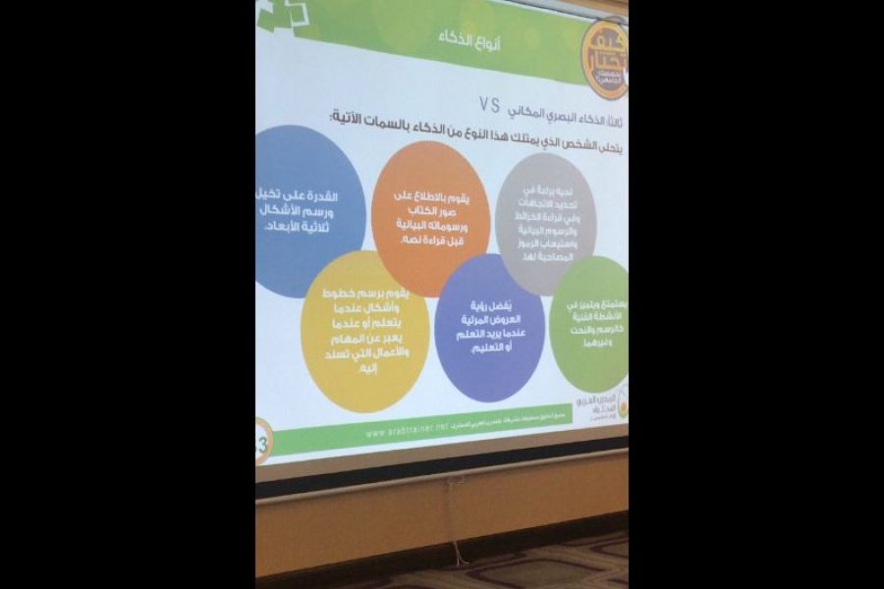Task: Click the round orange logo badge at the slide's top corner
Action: tap(603, 60)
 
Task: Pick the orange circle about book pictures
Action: tap(431, 218)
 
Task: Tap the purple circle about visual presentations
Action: tap(488, 314)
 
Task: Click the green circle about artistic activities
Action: tap(588, 323)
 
